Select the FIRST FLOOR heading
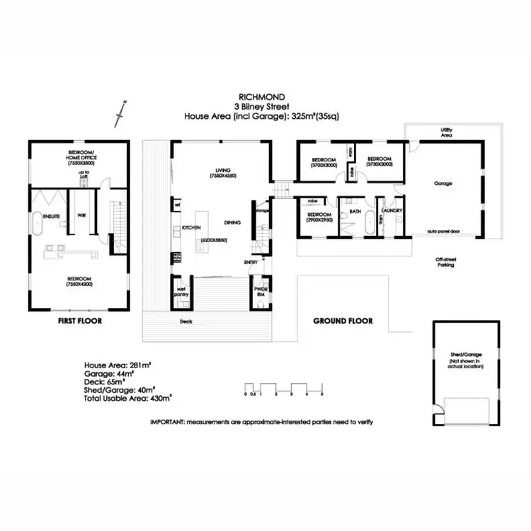[79, 321]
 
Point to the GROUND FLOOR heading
[343, 321]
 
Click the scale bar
[283, 388]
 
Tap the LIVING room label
[224, 169]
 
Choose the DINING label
[233, 222]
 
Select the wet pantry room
[181, 292]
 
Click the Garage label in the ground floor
[443, 183]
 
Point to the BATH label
[355, 210]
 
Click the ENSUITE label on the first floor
[51, 215]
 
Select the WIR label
[82, 215]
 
